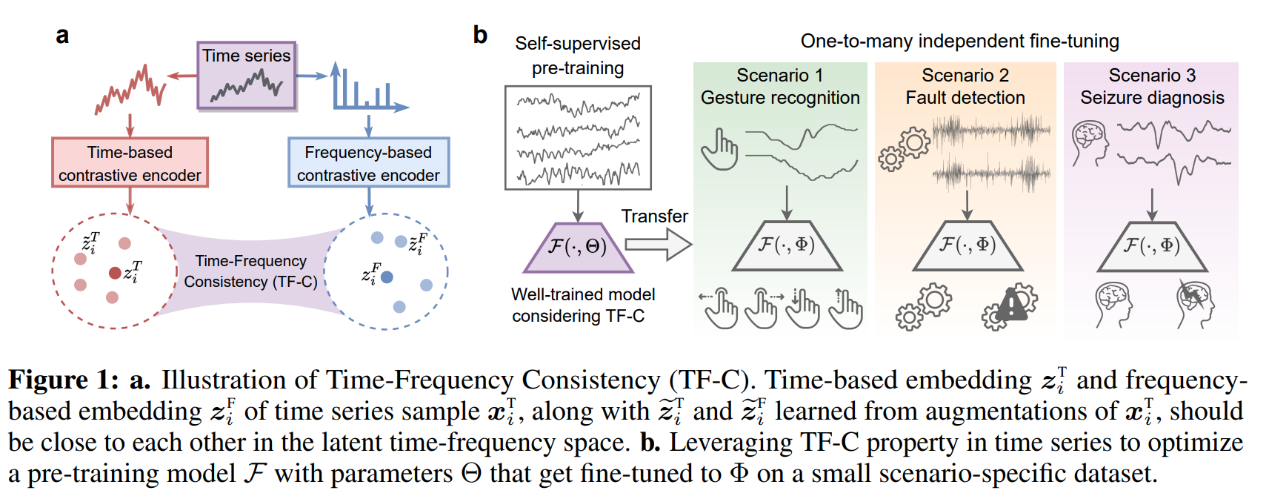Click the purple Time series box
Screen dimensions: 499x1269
[246, 76]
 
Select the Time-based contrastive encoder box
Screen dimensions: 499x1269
[130, 163]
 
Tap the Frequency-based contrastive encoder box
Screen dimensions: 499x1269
[368, 163]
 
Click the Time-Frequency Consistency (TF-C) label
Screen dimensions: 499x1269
[250, 271]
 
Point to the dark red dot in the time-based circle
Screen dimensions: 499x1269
[115, 273]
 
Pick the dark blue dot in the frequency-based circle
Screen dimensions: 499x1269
[387, 277]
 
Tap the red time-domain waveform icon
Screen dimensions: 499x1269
[130, 89]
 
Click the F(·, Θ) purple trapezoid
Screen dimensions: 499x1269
[578, 247]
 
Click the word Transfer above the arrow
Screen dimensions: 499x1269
[654, 216]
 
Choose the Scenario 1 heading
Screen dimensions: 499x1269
[779, 75]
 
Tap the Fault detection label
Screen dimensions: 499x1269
[965, 97]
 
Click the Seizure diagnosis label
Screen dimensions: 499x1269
[1152, 97]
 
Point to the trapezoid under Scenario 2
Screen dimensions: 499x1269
[967, 245]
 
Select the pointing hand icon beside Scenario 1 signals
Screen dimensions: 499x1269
[719, 150]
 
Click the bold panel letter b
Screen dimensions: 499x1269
[480, 35]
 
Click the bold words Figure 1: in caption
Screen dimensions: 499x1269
[63, 380]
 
